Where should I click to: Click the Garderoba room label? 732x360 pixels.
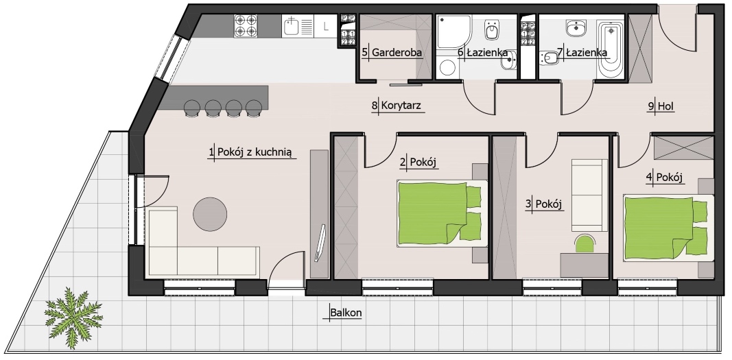(x=397, y=52)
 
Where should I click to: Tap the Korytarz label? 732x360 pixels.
(x=401, y=106)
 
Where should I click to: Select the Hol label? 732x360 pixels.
(x=665, y=106)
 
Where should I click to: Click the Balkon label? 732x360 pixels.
(x=346, y=313)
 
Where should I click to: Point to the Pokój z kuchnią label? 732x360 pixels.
(x=255, y=152)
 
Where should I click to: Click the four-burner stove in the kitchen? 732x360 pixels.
(x=246, y=25)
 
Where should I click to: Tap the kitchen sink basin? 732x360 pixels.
(x=291, y=25)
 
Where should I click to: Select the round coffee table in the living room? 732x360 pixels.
(x=210, y=214)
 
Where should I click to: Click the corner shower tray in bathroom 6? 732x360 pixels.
(x=453, y=31)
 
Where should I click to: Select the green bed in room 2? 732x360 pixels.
(x=439, y=213)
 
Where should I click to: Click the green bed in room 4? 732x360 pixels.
(x=665, y=228)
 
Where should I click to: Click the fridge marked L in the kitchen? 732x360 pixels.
(x=325, y=26)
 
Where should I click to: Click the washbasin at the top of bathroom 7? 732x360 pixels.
(x=576, y=27)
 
